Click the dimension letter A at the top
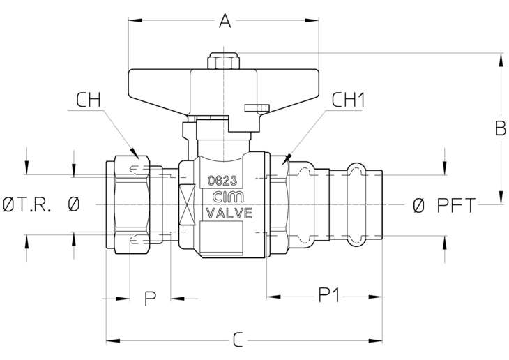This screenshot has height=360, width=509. click(x=225, y=20)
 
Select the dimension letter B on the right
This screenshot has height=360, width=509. click(x=500, y=128)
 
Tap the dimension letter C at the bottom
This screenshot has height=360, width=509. click(x=238, y=340)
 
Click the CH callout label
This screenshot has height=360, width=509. click(x=89, y=100)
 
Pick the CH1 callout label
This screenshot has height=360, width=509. click(x=349, y=100)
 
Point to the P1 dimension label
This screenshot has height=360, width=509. click(x=329, y=296)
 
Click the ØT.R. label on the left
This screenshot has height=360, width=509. click(x=27, y=205)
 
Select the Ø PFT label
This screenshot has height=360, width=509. click(x=444, y=205)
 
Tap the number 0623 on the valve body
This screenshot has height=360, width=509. click(x=222, y=181)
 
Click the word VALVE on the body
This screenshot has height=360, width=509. click(x=229, y=213)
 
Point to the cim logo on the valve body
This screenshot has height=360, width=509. click(x=228, y=197)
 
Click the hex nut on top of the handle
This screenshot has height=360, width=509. click(x=223, y=61)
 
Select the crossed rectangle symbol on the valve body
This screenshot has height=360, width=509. click(x=187, y=204)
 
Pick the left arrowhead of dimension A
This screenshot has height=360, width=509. click(x=135, y=20)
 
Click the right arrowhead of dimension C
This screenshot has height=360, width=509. click(x=375, y=341)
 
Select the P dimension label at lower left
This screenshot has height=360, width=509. click(x=150, y=299)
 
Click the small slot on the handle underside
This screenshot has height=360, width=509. click(x=257, y=107)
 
